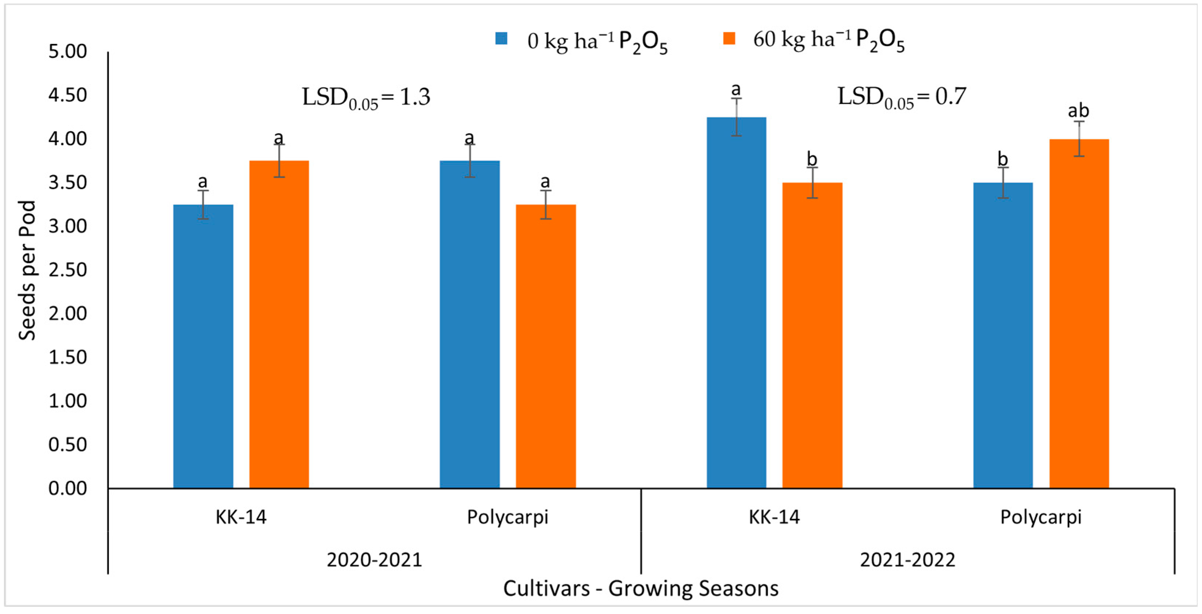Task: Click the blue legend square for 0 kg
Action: tap(501, 38)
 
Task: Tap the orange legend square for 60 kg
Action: tap(729, 38)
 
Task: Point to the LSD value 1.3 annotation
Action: tap(366, 97)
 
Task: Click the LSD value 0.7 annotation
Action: tap(901, 97)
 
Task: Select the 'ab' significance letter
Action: tap(1079, 111)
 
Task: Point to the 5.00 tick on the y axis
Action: tap(68, 51)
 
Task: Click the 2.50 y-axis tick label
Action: tap(68, 270)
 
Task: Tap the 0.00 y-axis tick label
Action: tap(68, 488)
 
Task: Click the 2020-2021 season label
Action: tap(374, 559)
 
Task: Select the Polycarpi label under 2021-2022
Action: tap(1040, 517)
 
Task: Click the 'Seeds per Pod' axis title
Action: tap(27, 271)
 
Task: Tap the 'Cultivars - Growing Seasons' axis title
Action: tap(641, 588)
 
